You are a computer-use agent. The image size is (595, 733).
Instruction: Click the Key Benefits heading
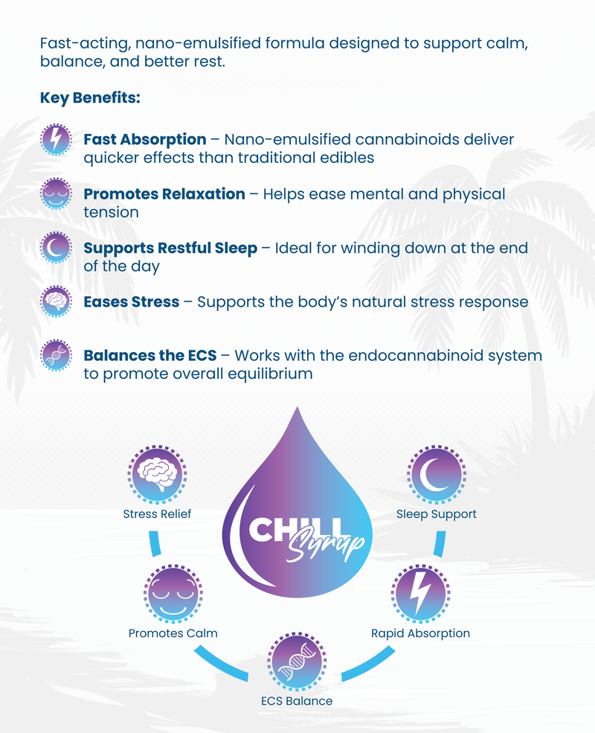[90, 97]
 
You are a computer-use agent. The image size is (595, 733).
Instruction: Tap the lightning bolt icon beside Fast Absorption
[57, 139]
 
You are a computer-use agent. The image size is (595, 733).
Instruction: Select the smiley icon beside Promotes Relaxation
[57, 194]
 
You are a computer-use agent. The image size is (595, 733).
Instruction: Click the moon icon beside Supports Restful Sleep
[57, 249]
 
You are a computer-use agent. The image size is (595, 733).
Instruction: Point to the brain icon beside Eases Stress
[57, 301]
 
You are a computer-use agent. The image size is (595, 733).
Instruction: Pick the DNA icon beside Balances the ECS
[57, 356]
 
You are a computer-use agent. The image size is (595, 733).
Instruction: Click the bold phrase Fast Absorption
[145, 139]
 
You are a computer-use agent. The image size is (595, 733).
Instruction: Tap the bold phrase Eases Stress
[132, 302]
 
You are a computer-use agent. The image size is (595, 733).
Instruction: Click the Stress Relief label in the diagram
[157, 514]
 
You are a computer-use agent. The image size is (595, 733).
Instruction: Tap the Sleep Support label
[437, 514]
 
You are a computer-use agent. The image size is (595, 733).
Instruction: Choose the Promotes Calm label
[173, 633]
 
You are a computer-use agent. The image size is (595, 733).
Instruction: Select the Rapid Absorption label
[420, 633]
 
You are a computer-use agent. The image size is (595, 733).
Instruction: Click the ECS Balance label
[297, 701]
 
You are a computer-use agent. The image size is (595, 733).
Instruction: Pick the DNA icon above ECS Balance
[297, 659]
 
